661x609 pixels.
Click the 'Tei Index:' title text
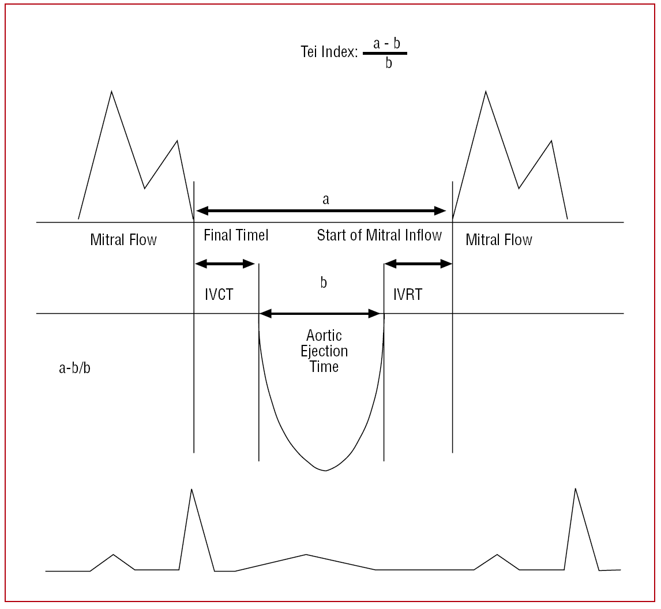tap(325, 52)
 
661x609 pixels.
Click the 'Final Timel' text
tap(236, 235)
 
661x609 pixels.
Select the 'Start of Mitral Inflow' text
tap(380, 235)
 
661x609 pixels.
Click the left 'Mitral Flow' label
tap(123, 239)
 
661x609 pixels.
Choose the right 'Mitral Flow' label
tap(499, 239)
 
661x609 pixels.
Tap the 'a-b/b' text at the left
tap(70, 367)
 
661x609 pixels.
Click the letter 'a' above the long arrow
tap(326, 200)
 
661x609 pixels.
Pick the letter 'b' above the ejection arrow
tap(324, 283)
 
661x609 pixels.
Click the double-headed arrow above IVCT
tap(225, 264)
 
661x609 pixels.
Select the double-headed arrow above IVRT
tap(418, 264)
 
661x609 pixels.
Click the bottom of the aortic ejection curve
tap(325, 470)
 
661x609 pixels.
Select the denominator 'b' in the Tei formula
tap(388, 63)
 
